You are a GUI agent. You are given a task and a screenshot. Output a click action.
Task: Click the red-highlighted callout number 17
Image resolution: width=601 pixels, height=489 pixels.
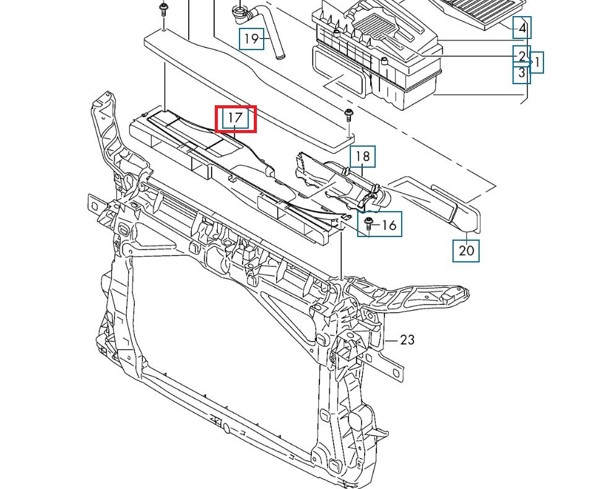236,118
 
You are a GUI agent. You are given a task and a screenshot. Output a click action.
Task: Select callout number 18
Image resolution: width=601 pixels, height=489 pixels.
363,157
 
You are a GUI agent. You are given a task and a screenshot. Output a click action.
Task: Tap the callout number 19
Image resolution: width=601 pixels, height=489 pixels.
251,40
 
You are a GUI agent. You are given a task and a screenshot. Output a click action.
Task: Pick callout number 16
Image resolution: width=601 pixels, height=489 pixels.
388,224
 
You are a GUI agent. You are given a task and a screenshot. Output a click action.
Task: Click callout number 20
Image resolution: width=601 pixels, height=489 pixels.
466,250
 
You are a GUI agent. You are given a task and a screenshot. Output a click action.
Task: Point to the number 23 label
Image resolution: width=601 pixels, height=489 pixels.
407,340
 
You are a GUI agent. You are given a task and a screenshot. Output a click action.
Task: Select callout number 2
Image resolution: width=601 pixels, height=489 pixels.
522,56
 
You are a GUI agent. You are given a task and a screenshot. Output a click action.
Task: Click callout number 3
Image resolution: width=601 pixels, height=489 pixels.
522,73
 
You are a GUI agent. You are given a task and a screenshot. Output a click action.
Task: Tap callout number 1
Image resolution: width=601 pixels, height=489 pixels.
537,62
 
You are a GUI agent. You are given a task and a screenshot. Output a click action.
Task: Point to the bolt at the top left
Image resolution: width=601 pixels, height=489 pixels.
163,9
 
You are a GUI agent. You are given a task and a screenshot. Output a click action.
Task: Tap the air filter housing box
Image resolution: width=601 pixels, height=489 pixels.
378,62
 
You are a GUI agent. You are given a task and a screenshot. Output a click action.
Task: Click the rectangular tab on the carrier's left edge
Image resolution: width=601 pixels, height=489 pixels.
95,205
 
